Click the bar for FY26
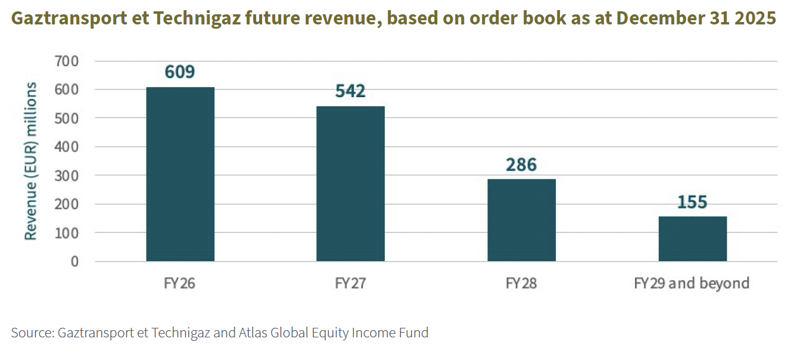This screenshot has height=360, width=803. pos(180,174)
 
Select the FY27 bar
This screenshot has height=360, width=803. pos(350,184)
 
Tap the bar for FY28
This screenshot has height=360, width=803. pos(521,220)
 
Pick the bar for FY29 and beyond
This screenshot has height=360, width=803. pos(692,238)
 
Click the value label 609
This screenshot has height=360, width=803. pos(180,72)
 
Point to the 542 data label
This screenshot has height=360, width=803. pos(350,91)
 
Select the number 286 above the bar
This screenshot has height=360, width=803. pos(521,165)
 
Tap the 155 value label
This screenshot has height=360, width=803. pos(692,202)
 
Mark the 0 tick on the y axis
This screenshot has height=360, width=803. pos(74,261)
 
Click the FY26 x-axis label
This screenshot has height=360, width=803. pos(180,283)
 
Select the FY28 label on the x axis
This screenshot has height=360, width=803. pos(521,283)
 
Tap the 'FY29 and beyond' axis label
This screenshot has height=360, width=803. pos(692,283)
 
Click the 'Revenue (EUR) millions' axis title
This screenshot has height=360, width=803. pos(30,161)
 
